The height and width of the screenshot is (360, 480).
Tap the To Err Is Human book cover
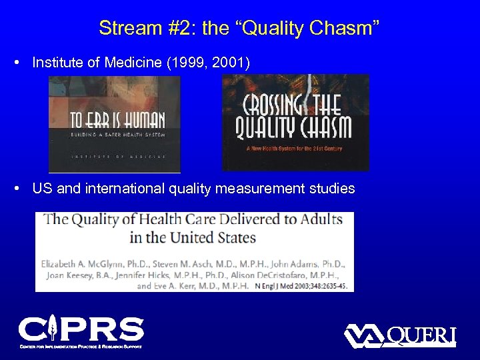click(114, 123)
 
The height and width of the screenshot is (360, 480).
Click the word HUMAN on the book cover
click(137, 120)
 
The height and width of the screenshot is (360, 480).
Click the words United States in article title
click(211, 237)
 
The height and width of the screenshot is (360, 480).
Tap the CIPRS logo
click(81, 332)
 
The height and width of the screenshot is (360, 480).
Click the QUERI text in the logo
click(421, 336)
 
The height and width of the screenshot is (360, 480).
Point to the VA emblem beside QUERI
click(364, 335)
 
